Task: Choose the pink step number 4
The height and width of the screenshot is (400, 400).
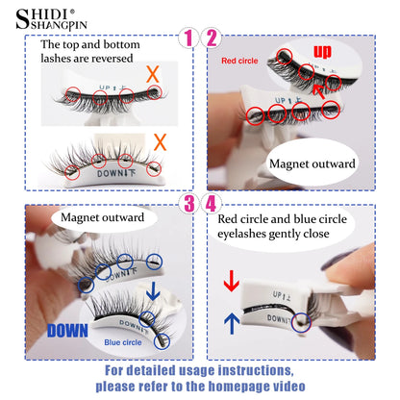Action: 212,203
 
